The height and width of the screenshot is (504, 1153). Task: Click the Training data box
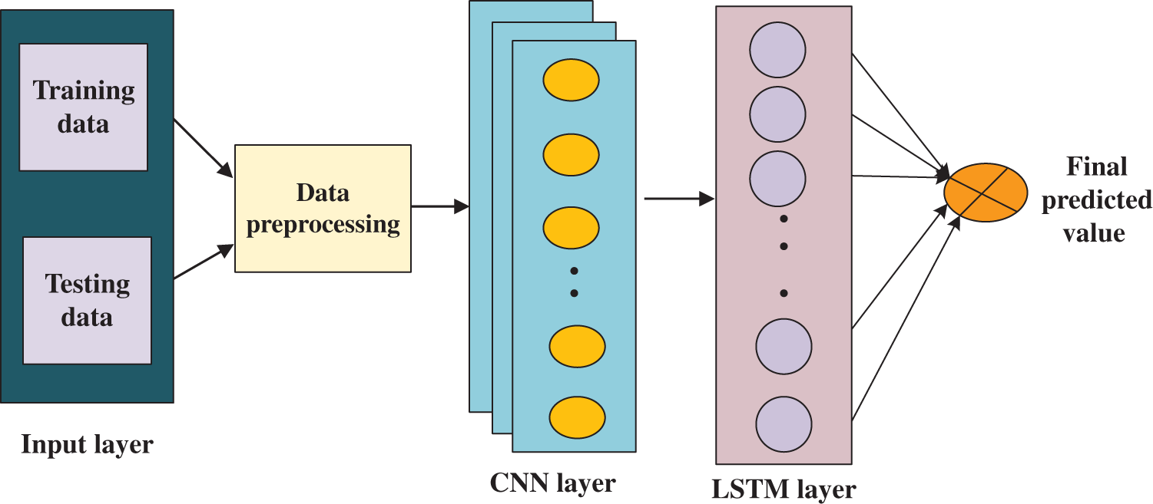tap(83, 107)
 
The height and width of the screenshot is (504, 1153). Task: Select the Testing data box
tap(87, 300)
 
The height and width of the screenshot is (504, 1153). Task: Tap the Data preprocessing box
tap(323, 208)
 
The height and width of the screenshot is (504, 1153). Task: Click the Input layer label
tap(87, 445)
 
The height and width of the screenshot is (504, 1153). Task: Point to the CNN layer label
tap(552, 483)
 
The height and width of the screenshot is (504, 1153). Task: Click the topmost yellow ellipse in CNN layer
tap(571, 80)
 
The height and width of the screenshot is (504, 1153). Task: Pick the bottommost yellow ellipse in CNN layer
tap(577, 417)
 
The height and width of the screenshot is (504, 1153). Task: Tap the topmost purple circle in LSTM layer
tap(777, 51)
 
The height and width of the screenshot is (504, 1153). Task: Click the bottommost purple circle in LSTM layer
tap(784, 423)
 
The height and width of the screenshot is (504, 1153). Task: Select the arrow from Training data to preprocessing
tap(204, 147)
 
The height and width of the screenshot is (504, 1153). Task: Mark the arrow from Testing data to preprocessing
tap(204, 262)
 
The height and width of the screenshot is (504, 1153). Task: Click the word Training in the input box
tap(84, 91)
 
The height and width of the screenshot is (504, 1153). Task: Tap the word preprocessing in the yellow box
tap(323, 225)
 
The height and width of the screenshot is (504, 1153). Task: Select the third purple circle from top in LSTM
tap(777, 178)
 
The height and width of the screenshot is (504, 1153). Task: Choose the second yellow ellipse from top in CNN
tap(571, 154)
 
